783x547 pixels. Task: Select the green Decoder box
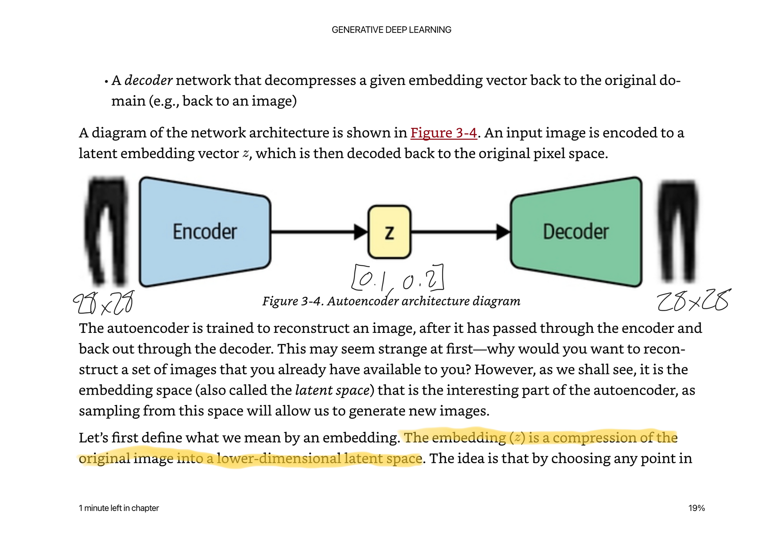click(576, 231)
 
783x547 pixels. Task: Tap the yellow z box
click(389, 232)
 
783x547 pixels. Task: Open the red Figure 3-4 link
click(444, 133)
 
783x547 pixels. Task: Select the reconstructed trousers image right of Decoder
click(678, 231)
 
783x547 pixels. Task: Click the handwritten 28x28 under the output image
click(693, 301)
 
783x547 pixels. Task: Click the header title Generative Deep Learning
click(391, 30)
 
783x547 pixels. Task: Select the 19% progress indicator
click(696, 508)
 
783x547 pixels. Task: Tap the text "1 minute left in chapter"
click(119, 508)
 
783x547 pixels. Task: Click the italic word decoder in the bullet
click(148, 80)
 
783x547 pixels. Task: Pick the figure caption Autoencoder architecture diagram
click(391, 301)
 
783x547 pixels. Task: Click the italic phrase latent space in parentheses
click(332, 390)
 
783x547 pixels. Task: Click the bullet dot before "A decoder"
click(106, 81)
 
